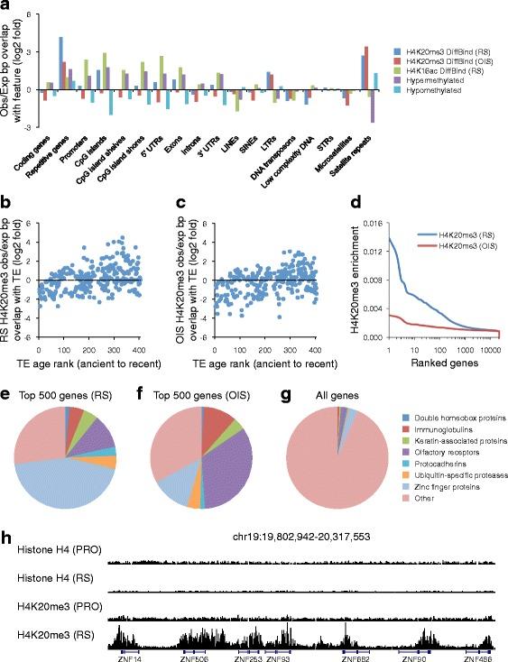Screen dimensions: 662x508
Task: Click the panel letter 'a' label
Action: pyautogui.click(x=8, y=7)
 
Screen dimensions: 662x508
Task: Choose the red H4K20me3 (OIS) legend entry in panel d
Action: pyautogui.click(x=459, y=244)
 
